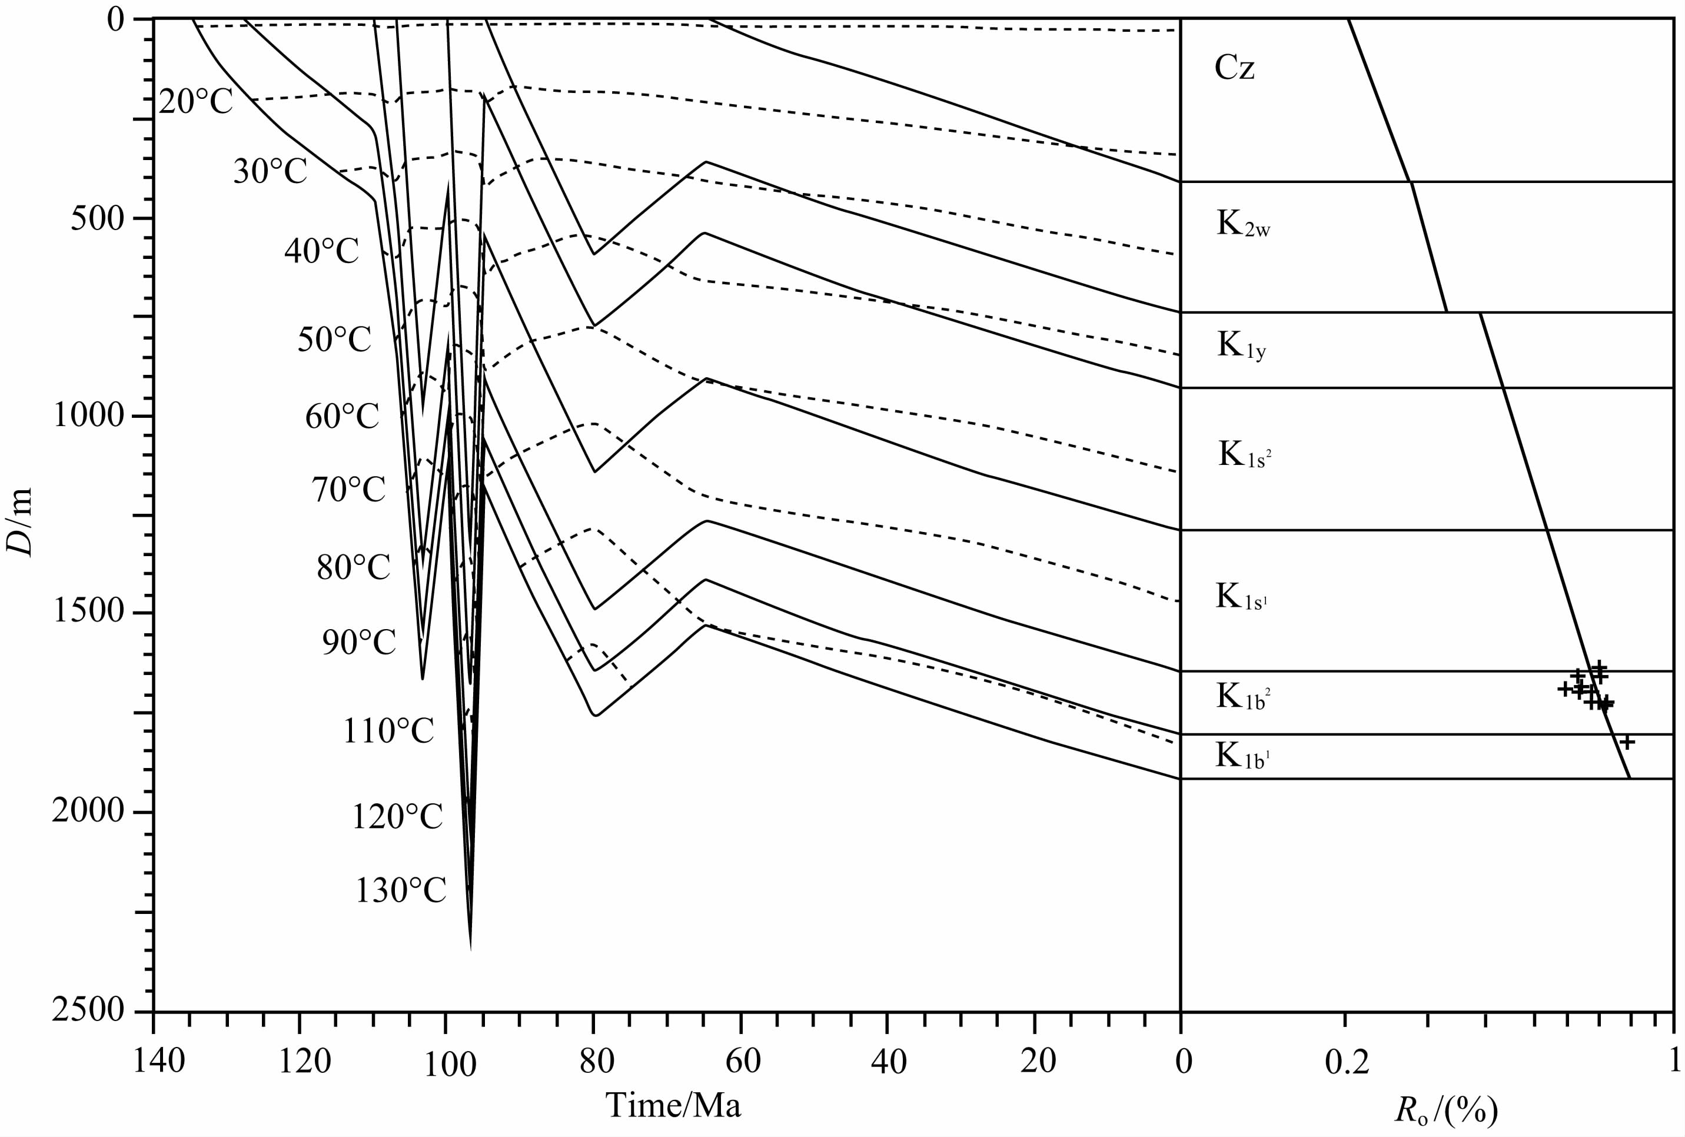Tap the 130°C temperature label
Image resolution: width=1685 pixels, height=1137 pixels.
[x=400, y=890]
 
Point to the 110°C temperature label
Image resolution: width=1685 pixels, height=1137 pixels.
[x=388, y=731]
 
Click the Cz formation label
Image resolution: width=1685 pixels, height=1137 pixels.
[x=1234, y=68]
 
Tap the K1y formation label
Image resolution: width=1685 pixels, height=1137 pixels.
[x=1241, y=346]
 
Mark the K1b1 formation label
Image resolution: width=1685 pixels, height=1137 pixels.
[x=1242, y=756]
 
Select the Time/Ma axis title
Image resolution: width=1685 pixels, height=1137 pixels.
[x=673, y=1106]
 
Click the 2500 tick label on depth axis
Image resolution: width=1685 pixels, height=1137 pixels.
[x=88, y=1010]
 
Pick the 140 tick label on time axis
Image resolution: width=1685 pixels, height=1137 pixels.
[x=159, y=1062]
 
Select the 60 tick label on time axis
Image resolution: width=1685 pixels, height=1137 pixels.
[x=743, y=1062]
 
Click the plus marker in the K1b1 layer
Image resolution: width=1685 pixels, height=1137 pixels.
[x=1626, y=742]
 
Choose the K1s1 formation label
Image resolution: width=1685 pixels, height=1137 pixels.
[x=1241, y=597]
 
